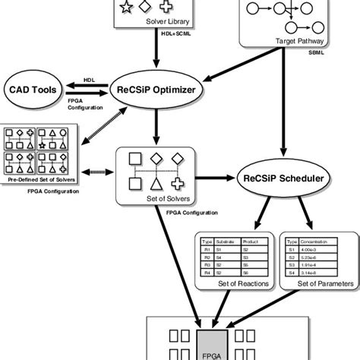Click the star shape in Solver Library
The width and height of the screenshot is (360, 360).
126,8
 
